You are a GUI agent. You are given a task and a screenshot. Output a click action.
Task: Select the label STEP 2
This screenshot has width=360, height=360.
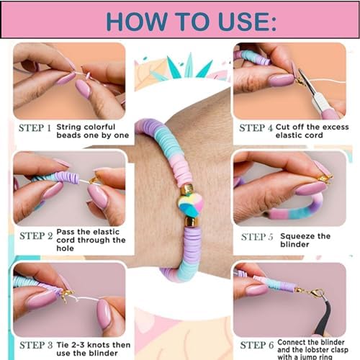click(x=35, y=235)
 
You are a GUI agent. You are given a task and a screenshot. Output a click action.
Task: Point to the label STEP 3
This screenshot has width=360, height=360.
click(x=35, y=344)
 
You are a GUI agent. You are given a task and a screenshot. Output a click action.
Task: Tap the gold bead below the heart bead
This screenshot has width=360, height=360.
click(x=193, y=221)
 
